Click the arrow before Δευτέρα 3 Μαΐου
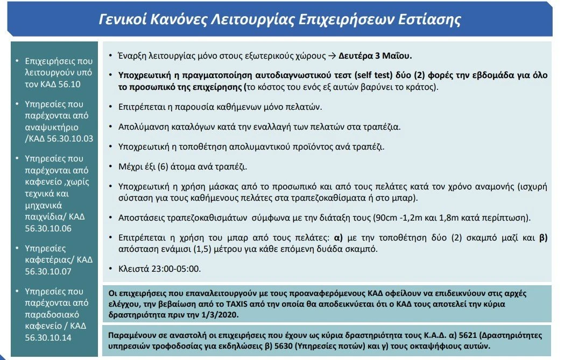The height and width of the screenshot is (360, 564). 332,55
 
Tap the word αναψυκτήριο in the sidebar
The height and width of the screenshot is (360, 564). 52,128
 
